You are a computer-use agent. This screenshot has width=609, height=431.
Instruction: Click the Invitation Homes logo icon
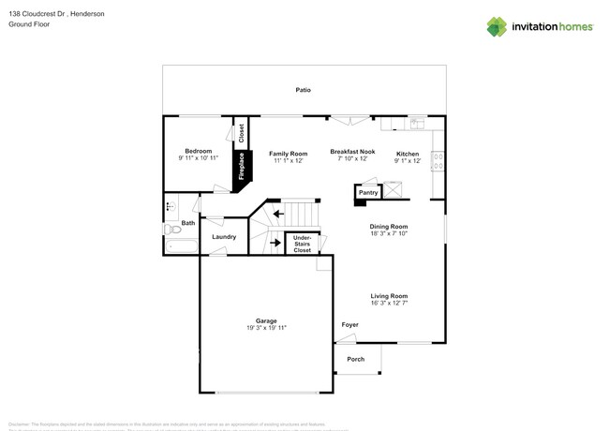(497, 26)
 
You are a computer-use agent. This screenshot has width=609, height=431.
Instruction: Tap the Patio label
(303, 90)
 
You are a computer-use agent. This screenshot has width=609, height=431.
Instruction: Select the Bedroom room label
(198, 151)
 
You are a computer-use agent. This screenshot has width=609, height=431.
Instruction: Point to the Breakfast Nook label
(352, 151)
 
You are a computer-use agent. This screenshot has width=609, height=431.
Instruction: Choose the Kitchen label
(408, 154)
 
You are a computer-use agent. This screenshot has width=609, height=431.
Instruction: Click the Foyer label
(349, 325)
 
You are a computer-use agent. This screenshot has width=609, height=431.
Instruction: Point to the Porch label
(356, 359)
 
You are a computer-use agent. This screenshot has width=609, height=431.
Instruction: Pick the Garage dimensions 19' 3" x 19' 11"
(266, 328)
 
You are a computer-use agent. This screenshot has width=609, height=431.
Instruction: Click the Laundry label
(224, 237)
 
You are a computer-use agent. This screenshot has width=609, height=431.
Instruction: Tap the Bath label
(188, 223)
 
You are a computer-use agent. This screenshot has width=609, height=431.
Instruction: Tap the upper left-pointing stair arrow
(278, 214)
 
